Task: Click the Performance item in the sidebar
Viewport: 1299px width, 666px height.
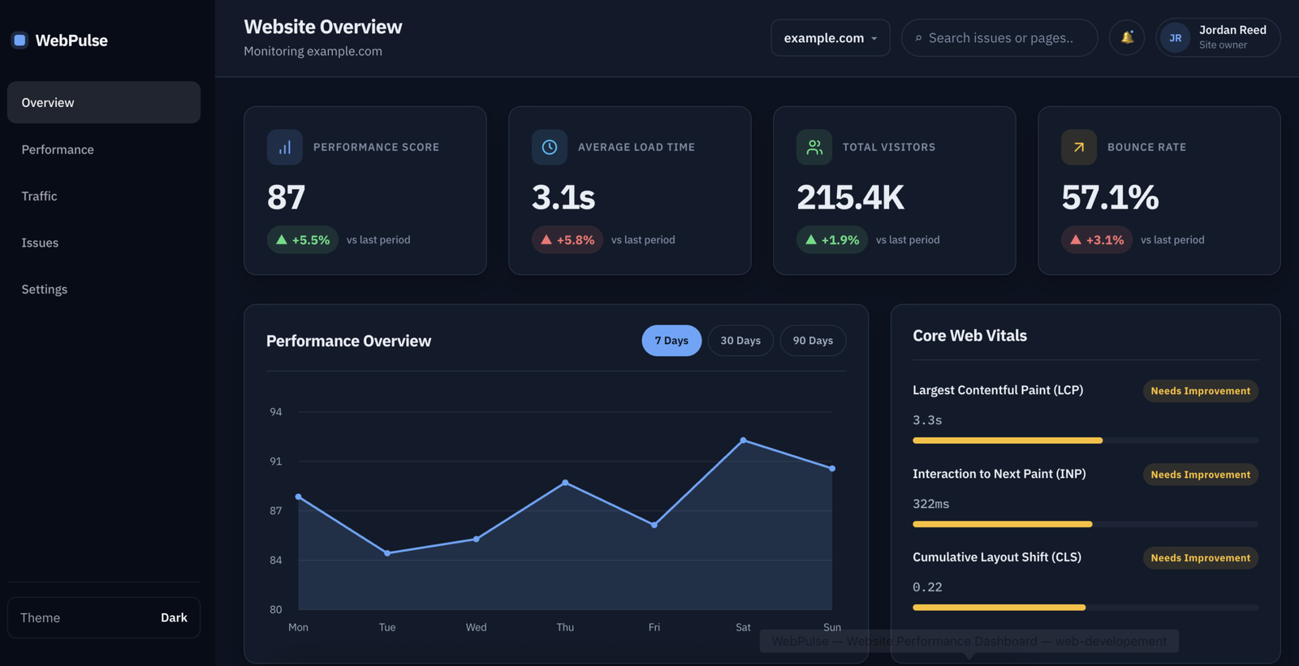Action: pos(58,149)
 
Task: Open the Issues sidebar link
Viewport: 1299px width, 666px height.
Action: pos(40,243)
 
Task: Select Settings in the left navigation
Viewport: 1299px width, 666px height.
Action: pos(45,290)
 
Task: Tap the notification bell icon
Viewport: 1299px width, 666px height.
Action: pos(1127,37)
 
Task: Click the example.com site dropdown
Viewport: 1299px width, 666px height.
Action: pos(831,37)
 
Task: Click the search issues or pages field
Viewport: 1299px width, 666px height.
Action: pos(999,37)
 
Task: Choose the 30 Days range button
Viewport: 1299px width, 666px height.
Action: pos(740,340)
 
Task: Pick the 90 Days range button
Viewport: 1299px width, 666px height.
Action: pos(813,340)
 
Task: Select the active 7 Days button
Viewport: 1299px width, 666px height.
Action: pos(671,340)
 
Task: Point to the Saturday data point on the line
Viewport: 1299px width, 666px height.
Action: pos(744,440)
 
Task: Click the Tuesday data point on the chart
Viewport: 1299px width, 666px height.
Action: pos(387,553)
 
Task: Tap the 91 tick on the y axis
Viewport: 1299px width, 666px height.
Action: pos(276,462)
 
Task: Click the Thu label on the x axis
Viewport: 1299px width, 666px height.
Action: pos(565,627)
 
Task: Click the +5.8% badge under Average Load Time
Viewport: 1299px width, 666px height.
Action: pos(568,239)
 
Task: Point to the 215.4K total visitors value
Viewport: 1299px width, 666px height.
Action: pos(850,197)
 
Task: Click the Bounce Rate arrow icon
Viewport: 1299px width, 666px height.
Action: pos(1079,147)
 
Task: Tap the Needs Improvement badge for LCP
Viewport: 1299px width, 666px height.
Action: pos(1201,391)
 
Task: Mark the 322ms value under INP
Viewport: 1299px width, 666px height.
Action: pos(930,504)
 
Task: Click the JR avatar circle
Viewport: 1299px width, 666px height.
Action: pos(1176,37)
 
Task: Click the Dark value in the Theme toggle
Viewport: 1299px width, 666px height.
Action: pos(174,617)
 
